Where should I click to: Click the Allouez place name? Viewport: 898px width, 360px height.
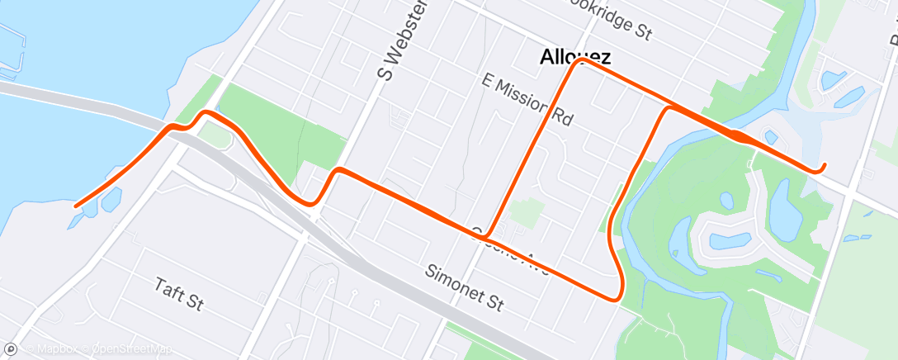click(576, 57)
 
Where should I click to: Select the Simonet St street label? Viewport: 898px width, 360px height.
click(465, 287)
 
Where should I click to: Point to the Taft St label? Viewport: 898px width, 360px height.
click(179, 293)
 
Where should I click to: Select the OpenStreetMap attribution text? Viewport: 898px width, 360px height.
click(133, 350)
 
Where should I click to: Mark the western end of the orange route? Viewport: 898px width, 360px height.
click(76, 206)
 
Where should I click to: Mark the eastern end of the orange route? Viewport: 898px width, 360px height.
click(824, 168)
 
